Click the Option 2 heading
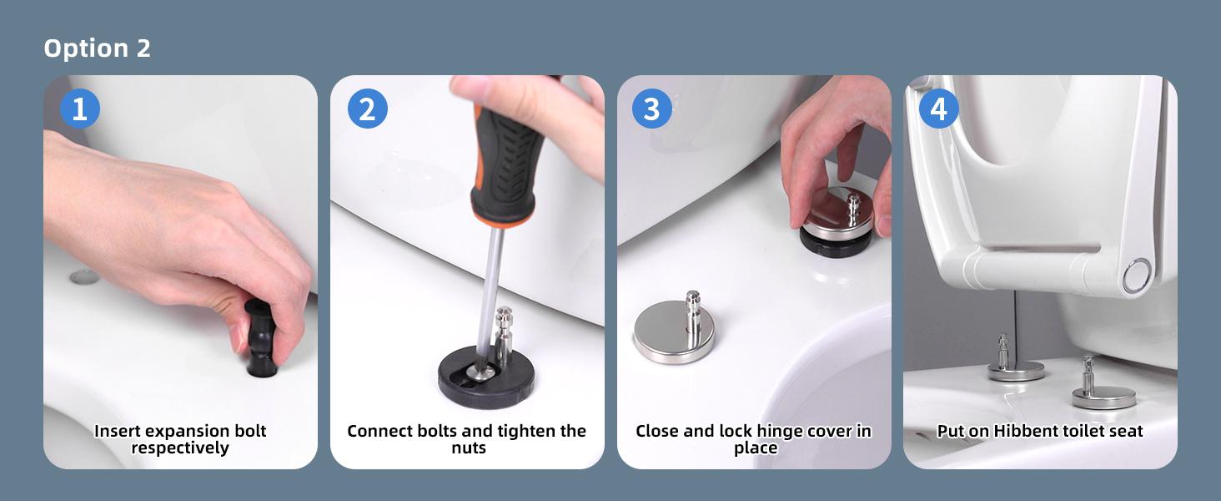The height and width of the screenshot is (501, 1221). [x=97, y=48]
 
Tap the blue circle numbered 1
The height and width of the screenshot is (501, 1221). [x=80, y=109]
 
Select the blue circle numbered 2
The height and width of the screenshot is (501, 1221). [x=368, y=109]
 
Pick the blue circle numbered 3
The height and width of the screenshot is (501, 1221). [x=652, y=109]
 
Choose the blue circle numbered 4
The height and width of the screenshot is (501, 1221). [x=938, y=109]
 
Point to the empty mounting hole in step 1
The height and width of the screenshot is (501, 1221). [x=84, y=277]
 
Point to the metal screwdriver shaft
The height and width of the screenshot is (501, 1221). [x=489, y=295]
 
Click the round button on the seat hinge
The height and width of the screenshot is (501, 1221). [x=1137, y=276]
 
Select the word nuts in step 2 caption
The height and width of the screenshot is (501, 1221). [x=468, y=448]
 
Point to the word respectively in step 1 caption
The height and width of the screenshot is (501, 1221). [x=180, y=448]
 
